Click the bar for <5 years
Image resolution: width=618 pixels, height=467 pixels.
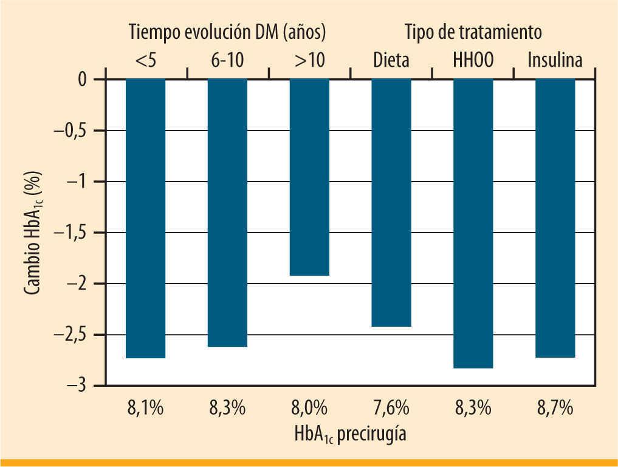tap(145, 219)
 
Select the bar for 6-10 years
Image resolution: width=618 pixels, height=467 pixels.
tap(227, 213)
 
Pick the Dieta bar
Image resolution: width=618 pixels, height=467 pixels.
tap(391, 203)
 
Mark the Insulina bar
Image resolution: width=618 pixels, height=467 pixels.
tap(555, 218)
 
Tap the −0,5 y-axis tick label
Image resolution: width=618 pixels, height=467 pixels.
tap(71, 131)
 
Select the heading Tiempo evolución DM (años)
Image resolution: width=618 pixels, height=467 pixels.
tap(227, 31)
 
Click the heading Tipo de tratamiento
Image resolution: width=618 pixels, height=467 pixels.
tap(472, 31)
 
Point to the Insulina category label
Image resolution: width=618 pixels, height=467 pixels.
tap(555, 60)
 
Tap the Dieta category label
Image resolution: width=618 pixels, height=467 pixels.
tap(391, 60)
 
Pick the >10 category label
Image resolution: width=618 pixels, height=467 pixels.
tap(309, 60)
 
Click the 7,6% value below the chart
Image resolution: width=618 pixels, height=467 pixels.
tap(391, 407)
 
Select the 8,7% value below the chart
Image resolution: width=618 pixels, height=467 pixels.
tap(555, 407)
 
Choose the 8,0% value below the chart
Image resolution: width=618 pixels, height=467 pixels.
tap(309, 407)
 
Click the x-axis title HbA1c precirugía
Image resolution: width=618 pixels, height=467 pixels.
tap(350, 435)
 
